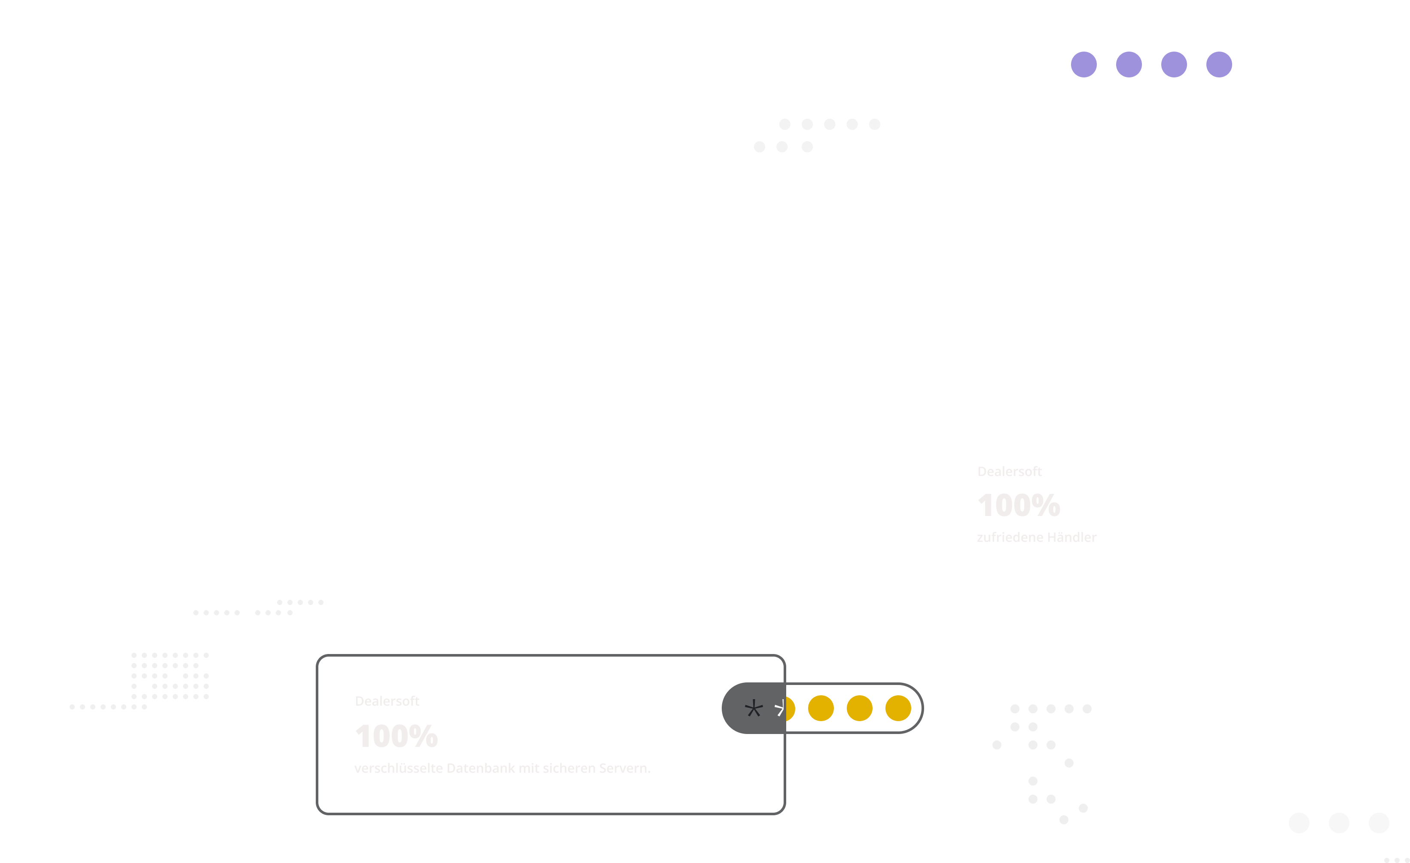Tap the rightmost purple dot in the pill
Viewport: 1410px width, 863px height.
pos(1219,64)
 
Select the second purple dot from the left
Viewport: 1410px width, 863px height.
pos(1129,64)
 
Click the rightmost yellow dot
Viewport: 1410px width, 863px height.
pos(898,708)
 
